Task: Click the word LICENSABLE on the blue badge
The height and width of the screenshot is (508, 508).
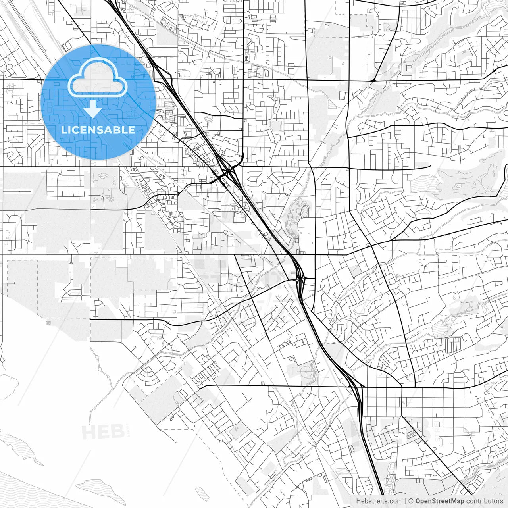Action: [98, 130]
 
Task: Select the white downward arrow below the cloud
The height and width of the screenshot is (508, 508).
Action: [93, 109]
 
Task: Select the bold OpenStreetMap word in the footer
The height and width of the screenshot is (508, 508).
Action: [439, 501]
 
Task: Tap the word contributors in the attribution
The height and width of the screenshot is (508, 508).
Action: [484, 501]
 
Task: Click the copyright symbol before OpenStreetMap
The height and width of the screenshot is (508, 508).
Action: [411, 501]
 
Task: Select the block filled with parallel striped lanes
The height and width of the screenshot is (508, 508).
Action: [453, 345]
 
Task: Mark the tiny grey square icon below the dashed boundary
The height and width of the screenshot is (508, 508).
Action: [48, 324]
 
